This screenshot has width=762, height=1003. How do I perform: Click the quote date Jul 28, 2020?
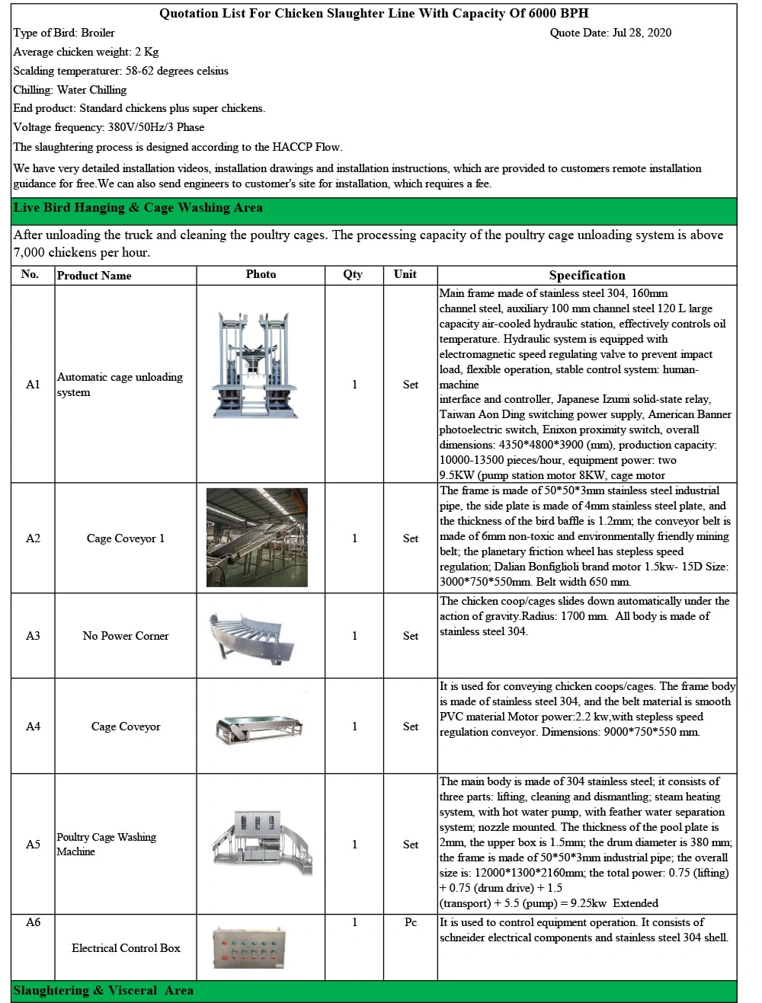610,33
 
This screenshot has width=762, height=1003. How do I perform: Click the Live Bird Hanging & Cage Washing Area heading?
138,208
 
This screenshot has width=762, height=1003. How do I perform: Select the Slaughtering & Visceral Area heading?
103,990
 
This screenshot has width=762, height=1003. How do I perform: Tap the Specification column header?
587,275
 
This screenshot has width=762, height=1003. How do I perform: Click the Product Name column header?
94,275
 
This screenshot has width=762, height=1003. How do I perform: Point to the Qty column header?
353,274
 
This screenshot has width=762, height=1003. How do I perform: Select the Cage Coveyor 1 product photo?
257,537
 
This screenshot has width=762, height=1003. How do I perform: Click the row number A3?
33,636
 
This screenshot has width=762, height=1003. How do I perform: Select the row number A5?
33,845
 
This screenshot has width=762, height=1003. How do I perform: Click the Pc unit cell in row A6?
410,922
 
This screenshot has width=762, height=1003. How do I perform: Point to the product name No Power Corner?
126,636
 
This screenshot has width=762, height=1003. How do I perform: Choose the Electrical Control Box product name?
126,948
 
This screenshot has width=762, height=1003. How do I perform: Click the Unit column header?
405,274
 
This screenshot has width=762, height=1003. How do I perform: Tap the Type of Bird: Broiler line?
64,33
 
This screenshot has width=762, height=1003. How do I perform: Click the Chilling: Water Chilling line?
70,90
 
